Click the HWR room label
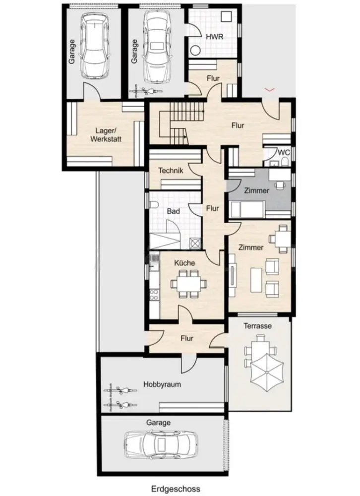(x=214, y=37)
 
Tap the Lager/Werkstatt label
(x=106, y=134)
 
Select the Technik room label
(x=171, y=171)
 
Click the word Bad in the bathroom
(x=173, y=211)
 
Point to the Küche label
(x=184, y=263)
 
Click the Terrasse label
(x=257, y=326)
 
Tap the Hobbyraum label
(x=162, y=384)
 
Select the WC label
(x=284, y=152)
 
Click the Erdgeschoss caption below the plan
(x=176, y=489)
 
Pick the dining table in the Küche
(x=189, y=284)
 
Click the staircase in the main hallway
(x=174, y=124)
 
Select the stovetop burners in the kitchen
(x=154, y=295)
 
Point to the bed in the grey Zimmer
(x=247, y=209)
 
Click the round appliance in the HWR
(x=196, y=51)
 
